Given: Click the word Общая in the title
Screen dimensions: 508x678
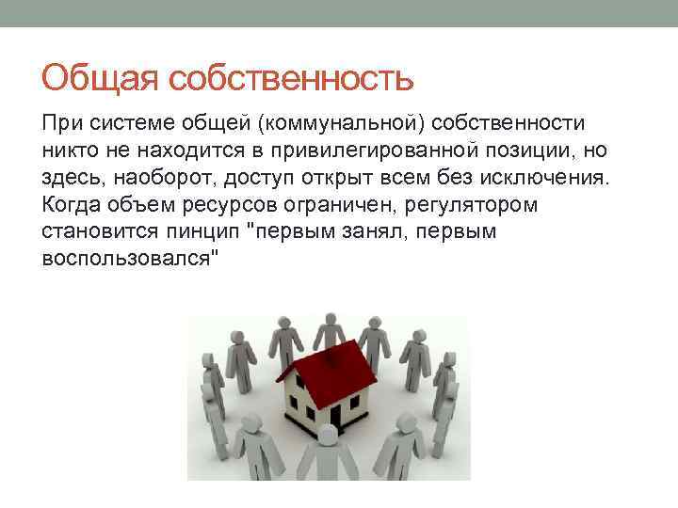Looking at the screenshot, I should [100, 78].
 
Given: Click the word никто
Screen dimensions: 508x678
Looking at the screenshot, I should [69, 152].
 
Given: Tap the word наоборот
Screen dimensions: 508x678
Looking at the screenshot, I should [159, 179].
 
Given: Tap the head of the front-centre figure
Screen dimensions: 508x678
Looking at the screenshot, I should [326, 434].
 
